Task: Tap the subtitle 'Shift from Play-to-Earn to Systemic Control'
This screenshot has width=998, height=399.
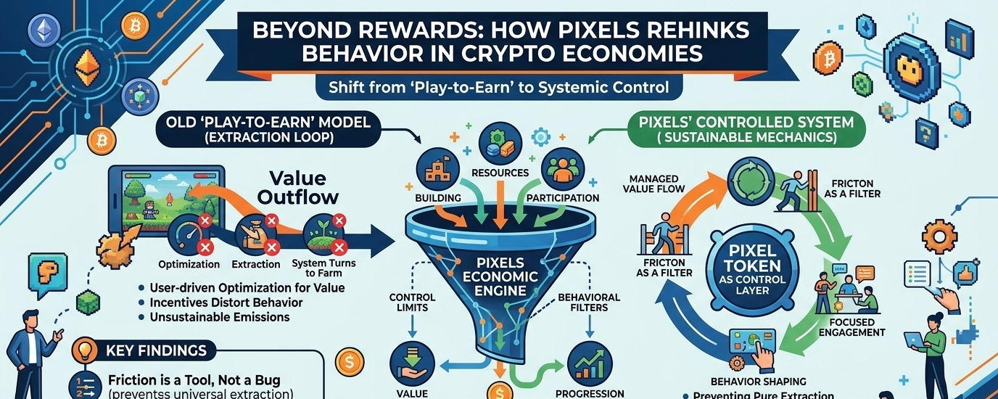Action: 498,88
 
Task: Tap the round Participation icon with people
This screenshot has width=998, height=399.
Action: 560,168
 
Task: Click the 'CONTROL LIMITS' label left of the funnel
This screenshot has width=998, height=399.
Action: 412,303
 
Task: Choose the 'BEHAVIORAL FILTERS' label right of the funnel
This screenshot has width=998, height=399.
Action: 588,303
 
